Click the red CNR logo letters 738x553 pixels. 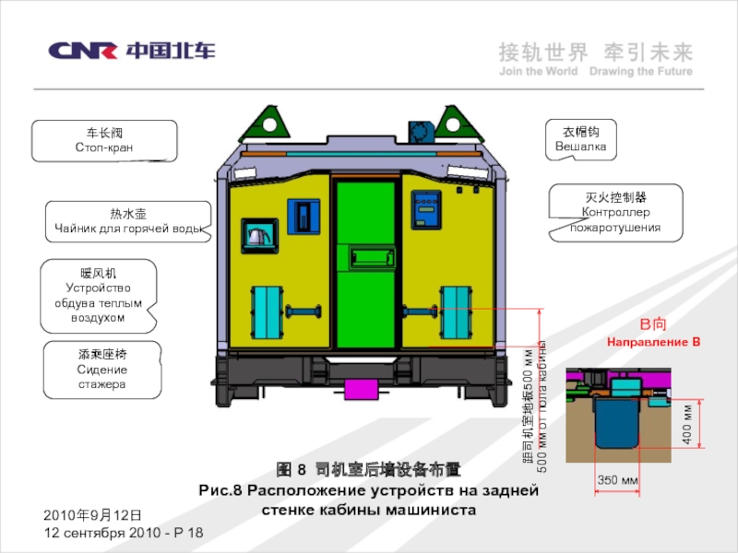click(82, 51)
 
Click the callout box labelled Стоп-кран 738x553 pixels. click(103, 141)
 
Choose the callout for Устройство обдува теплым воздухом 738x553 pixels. click(98, 295)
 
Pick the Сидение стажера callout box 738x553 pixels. click(102, 370)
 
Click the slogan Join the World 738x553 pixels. click(538, 71)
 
